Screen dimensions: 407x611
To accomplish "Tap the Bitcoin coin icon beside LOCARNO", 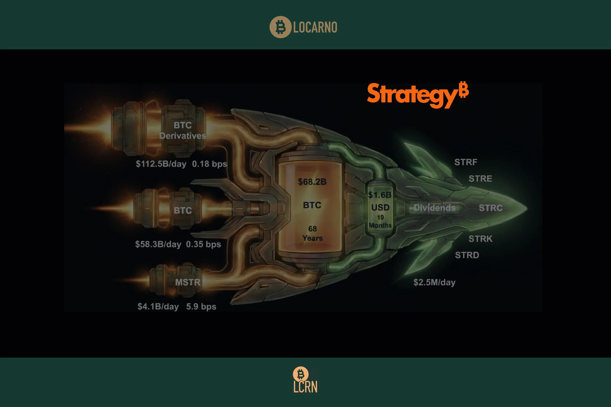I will tap(280, 27).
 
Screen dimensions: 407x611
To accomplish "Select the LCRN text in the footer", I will tap(305, 387).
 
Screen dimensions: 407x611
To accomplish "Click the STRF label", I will tap(466, 162).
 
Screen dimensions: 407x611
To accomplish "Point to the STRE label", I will tap(480, 179).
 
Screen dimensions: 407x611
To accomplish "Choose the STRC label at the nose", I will tap(491, 208).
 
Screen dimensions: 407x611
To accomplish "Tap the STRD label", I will tap(467, 255).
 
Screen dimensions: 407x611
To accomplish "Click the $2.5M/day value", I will tap(434, 282).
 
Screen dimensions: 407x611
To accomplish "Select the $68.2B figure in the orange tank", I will tap(312, 182).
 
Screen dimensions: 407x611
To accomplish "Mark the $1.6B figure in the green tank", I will tap(380, 195).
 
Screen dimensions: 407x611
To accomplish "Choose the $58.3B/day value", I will tap(158, 244).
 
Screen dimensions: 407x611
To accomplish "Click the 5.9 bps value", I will tap(201, 307).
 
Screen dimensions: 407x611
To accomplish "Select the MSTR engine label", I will tap(187, 282).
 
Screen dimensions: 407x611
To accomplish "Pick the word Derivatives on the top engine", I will tap(183, 136).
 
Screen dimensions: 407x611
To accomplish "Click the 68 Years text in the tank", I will tap(312, 233).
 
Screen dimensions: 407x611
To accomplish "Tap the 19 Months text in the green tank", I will tap(380, 221).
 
